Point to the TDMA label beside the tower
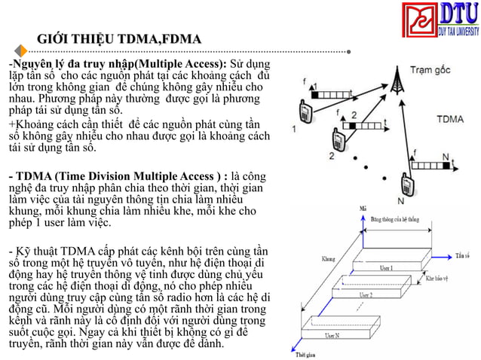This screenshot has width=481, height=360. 450,119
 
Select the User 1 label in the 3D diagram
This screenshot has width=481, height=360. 386,267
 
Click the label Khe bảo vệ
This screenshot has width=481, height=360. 439,278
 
